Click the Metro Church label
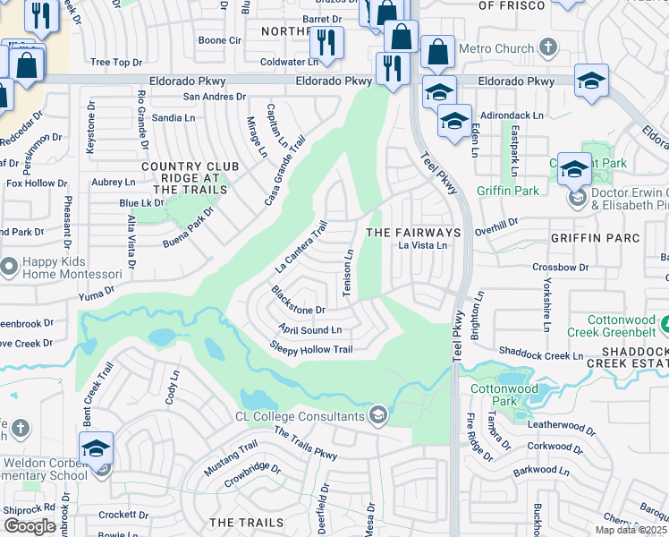coord(495,47)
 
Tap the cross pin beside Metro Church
coord(548,47)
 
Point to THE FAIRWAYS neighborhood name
coord(414,233)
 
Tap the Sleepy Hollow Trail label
coord(311,348)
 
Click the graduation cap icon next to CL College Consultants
coord(379,414)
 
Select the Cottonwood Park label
coord(504,396)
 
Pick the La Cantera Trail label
coord(302,248)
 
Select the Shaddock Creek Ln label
coord(541,354)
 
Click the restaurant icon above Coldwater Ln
coord(326,41)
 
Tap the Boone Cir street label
coord(220,40)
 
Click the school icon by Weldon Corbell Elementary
coord(96,449)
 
